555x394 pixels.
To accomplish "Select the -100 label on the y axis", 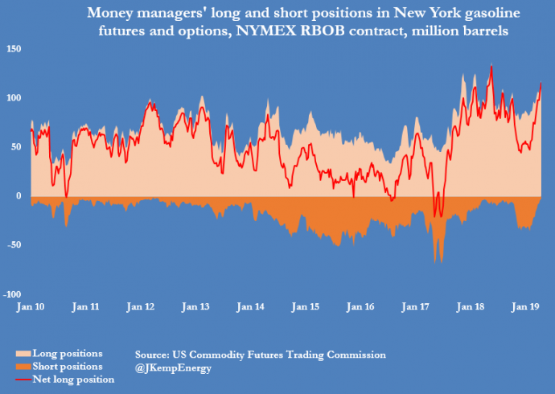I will click(x=13, y=293).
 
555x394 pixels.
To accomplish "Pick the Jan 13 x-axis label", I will click(x=195, y=307).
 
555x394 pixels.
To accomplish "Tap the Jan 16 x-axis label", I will click(x=360, y=307).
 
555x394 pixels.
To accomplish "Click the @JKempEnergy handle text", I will click(x=173, y=367).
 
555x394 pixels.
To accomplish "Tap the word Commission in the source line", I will click(x=356, y=354).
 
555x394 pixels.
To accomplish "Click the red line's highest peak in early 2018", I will click(x=491, y=67).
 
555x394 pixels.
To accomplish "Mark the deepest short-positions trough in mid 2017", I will click(x=438, y=263).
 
